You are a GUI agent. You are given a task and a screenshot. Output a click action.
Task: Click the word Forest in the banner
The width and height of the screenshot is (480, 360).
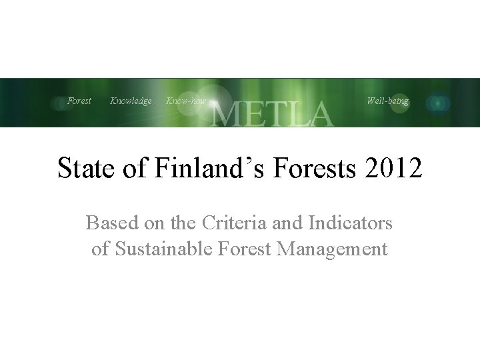coord(79,101)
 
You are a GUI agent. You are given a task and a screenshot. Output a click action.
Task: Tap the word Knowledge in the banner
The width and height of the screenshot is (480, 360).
coord(131,101)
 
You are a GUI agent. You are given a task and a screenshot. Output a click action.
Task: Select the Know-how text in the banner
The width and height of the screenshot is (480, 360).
coord(185,101)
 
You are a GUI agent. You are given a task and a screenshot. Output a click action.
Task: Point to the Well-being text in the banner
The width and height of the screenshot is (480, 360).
coord(387,101)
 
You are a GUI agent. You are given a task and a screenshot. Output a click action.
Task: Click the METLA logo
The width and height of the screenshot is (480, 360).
coord(271,113)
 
